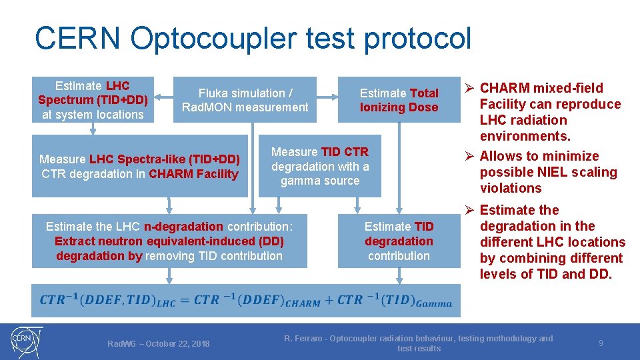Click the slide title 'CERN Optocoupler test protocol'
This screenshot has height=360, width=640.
coord(253,38)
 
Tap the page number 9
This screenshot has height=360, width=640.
coord(601,343)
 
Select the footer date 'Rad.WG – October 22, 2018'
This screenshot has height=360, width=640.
coord(159,343)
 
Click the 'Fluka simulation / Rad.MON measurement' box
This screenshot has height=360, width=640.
coord(245,100)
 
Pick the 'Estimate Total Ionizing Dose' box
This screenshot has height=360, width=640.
coord(399,100)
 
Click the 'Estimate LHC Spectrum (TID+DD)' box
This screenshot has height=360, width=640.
coord(93,100)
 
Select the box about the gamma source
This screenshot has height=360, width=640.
coord(319,166)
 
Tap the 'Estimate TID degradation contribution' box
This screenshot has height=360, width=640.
coord(399,241)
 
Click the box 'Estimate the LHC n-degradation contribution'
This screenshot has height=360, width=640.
coord(169,241)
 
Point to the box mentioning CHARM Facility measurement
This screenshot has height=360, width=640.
coord(139,167)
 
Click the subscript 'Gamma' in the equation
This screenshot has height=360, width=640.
coord(435,304)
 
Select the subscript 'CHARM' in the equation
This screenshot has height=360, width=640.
coord(303,304)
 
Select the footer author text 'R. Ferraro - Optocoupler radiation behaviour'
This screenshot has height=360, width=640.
coord(418,339)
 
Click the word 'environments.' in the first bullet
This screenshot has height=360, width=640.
coord(524,136)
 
